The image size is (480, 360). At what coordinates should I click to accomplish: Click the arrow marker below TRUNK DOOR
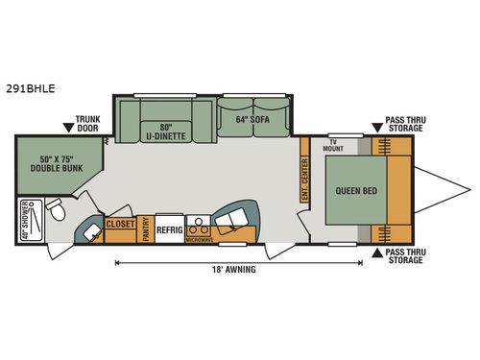pyautogui.click(x=68, y=126)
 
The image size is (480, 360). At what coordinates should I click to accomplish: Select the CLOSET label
pyautogui.click(x=120, y=224)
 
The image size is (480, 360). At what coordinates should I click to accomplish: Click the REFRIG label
pyautogui.click(x=169, y=230)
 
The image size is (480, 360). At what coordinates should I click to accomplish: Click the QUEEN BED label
pyautogui.click(x=356, y=190)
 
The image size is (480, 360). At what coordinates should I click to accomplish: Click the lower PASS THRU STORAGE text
pyautogui.click(x=407, y=254)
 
